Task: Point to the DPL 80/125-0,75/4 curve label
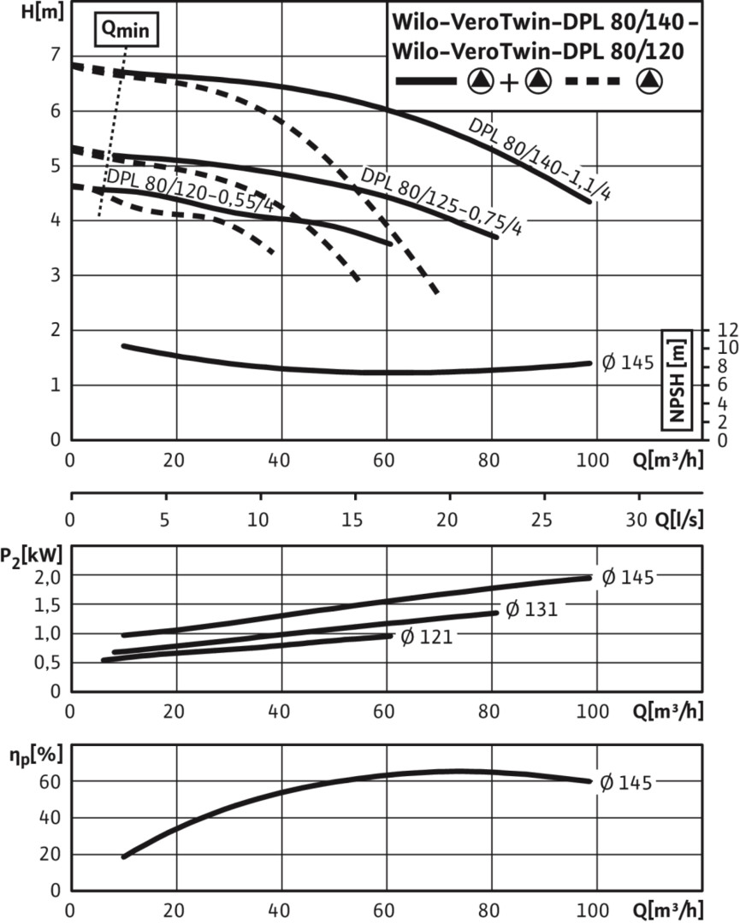(441, 202)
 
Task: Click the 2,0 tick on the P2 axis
(48, 577)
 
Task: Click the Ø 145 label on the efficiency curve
(626, 782)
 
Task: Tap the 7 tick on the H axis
(55, 56)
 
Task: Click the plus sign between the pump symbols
(510, 82)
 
